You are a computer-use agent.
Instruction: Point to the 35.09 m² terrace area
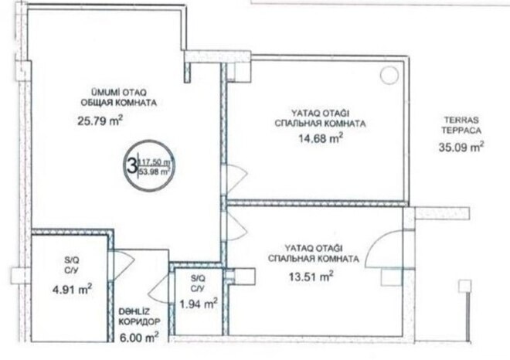[461, 144]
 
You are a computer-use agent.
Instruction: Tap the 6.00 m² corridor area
[139, 336]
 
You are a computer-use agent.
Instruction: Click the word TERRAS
[461, 120]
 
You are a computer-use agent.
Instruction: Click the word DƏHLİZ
[134, 311]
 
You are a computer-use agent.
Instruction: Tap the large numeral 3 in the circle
[131, 164]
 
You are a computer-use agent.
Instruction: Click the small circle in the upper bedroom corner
[387, 75]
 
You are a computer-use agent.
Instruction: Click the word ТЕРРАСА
[461, 130]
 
